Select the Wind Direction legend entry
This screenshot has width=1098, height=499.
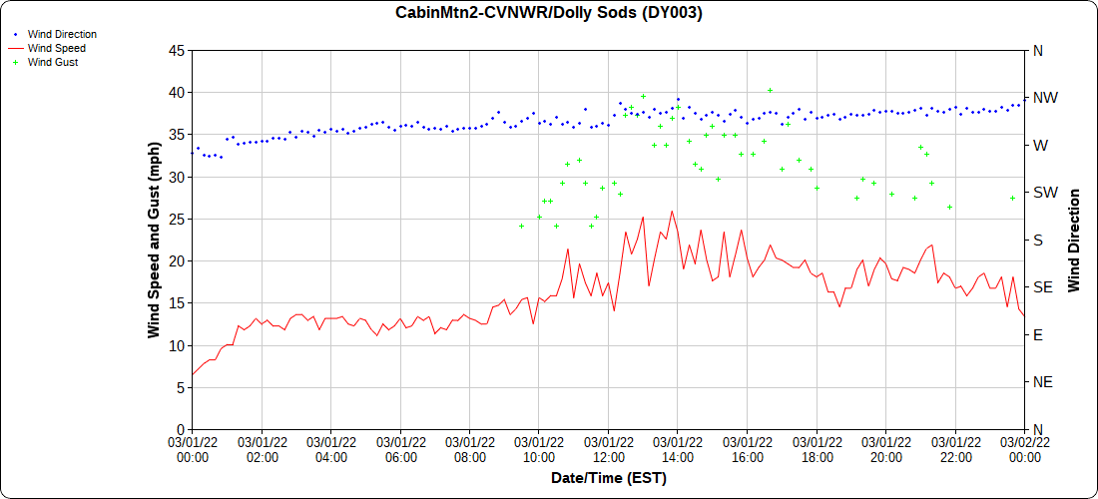(x=62, y=34)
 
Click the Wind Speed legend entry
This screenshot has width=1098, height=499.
(x=56, y=48)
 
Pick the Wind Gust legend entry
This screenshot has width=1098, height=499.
(x=53, y=62)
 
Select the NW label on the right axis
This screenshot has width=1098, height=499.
(x=1044, y=98)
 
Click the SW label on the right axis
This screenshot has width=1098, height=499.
(x=1044, y=192)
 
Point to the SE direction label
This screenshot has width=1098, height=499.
(x=1042, y=286)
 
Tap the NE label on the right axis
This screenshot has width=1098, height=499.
(x=1042, y=381)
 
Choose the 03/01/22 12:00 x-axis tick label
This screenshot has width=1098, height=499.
(x=608, y=449)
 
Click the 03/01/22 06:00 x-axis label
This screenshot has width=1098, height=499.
(x=400, y=449)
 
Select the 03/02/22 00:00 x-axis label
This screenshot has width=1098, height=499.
(x=1024, y=449)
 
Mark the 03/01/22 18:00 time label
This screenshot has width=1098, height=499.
(x=817, y=449)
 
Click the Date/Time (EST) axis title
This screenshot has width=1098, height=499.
(x=608, y=478)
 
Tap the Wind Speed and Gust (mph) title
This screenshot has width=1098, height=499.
(x=154, y=240)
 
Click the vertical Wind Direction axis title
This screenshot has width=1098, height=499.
(x=1074, y=240)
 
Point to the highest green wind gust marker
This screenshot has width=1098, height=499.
(x=770, y=90)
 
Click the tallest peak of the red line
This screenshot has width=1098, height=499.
(x=672, y=211)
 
